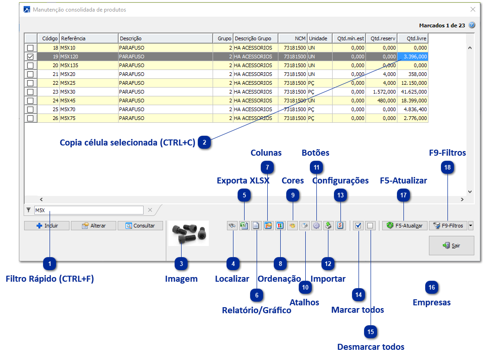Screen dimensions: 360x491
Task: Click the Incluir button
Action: pos(47,226)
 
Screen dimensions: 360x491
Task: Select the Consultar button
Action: pos(141,226)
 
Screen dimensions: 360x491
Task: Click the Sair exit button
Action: pos(451,246)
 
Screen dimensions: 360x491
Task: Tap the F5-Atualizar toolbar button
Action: pos(404,226)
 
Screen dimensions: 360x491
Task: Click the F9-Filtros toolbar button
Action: pos(448,226)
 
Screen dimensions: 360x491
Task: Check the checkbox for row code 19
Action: pos(31,57)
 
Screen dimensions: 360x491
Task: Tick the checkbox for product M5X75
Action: pos(31,118)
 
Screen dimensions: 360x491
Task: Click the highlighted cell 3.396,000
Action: pos(413,57)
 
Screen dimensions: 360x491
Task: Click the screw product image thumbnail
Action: pos(189,233)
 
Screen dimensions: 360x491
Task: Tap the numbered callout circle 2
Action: pos(204,142)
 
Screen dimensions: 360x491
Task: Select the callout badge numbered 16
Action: pos(432,288)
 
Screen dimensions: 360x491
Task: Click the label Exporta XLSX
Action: pos(243,181)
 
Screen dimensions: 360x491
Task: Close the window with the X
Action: pos(473,9)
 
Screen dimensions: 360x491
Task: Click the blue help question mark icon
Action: pos(472,25)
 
